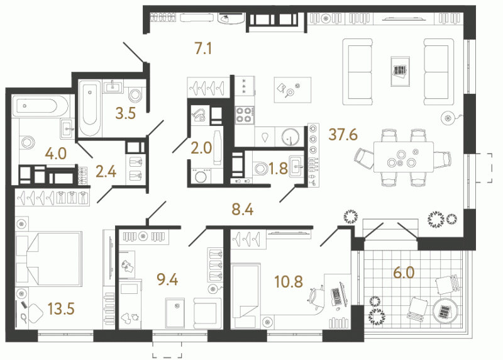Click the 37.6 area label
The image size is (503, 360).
[x=343, y=134]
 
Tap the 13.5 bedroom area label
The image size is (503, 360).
[x=61, y=309]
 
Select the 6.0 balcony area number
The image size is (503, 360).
[x=404, y=273]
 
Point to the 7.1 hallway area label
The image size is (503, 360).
[x=203, y=49]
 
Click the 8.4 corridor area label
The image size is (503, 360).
[x=243, y=210]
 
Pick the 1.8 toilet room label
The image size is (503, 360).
[x=278, y=169]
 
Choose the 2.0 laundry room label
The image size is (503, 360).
[x=201, y=149]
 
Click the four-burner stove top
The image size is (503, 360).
[x=245, y=115]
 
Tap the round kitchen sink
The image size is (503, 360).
[x=290, y=137]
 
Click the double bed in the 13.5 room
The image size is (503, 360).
[x=48, y=259]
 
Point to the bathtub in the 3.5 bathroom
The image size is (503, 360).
[x=90, y=108]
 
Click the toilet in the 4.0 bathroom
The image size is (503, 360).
[x=26, y=142]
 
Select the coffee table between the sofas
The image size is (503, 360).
[x=400, y=72]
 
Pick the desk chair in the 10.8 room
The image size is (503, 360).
[x=316, y=299]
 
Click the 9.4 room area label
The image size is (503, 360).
[x=167, y=279]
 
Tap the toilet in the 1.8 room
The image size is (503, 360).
[x=260, y=168]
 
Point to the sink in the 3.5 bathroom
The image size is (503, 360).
[x=113, y=86]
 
